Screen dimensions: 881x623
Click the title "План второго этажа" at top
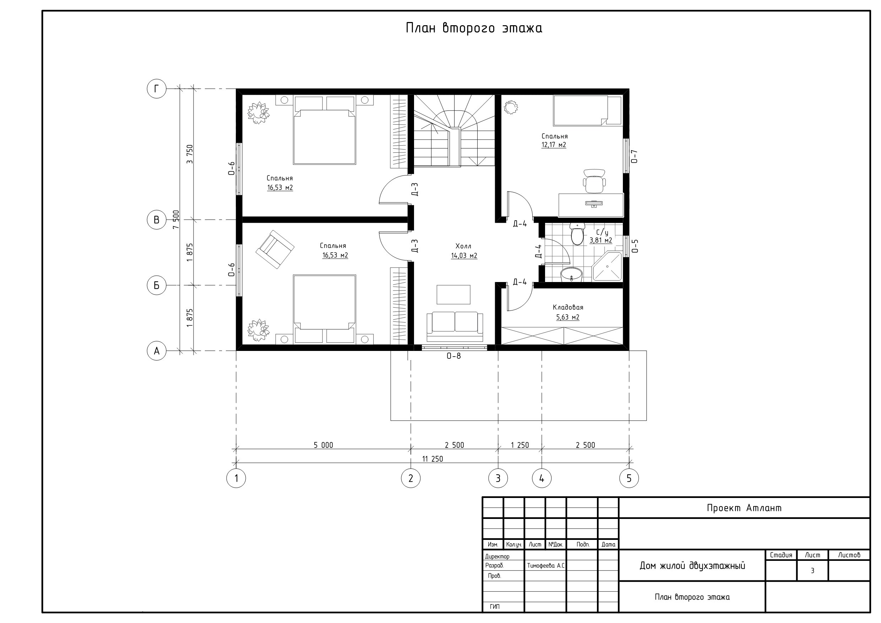click(x=474, y=28)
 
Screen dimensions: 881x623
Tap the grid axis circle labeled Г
click(x=157, y=89)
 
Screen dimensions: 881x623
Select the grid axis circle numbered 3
click(x=498, y=478)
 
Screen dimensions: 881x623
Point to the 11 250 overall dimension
click(x=433, y=459)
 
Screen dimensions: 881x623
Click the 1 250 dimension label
click(x=520, y=445)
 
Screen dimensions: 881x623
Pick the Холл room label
click(x=463, y=246)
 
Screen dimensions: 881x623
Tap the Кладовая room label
click(x=568, y=308)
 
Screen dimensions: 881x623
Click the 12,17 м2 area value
click(x=554, y=145)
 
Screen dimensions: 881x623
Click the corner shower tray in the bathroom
click(x=607, y=266)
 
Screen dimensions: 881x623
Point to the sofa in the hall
click(x=455, y=326)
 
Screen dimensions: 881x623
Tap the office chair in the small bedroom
click(x=594, y=181)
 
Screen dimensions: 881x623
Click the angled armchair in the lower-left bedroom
click(x=275, y=249)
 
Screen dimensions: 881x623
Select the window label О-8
click(x=453, y=356)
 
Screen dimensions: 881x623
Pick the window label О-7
click(x=635, y=156)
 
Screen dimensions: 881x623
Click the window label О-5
click(x=635, y=246)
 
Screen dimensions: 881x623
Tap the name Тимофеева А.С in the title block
click(x=546, y=565)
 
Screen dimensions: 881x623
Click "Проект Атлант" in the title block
click(x=744, y=508)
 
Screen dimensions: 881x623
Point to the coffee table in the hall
click(x=453, y=294)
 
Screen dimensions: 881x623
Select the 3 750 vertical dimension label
click(x=190, y=154)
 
